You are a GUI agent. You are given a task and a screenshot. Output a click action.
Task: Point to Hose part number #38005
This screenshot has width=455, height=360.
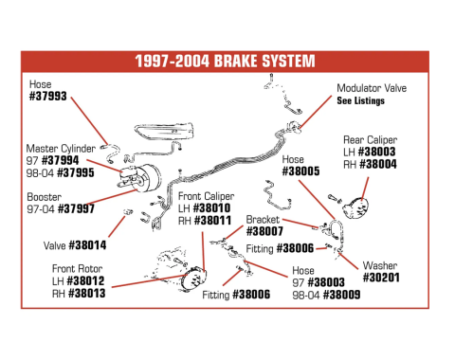(x=304, y=172)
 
